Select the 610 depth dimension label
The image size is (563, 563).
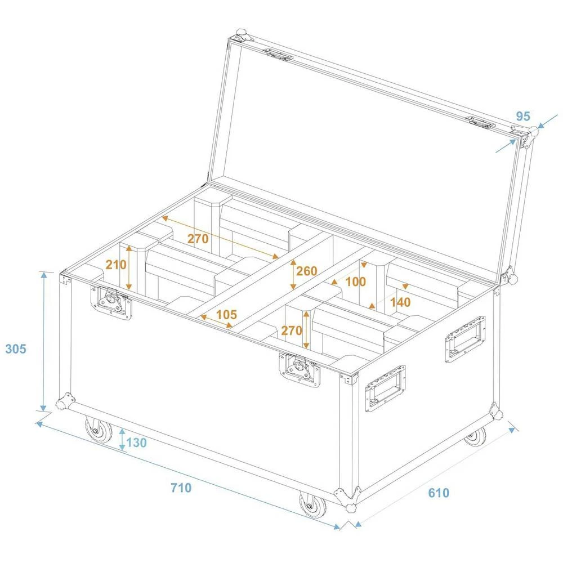point(439,493)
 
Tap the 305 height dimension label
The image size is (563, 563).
point(16,349)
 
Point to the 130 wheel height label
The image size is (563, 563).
point(136,443)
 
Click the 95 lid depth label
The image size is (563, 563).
point(523,117)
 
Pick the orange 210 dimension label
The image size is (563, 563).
point(116,265)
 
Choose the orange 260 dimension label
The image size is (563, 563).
point(306,271)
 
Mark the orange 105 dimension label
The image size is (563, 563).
point(226,314)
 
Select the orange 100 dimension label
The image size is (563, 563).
point(355,281)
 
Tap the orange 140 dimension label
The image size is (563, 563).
point(400,302)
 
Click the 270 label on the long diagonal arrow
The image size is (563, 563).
point(198,239)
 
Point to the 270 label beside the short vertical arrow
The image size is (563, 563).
point(292,330)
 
